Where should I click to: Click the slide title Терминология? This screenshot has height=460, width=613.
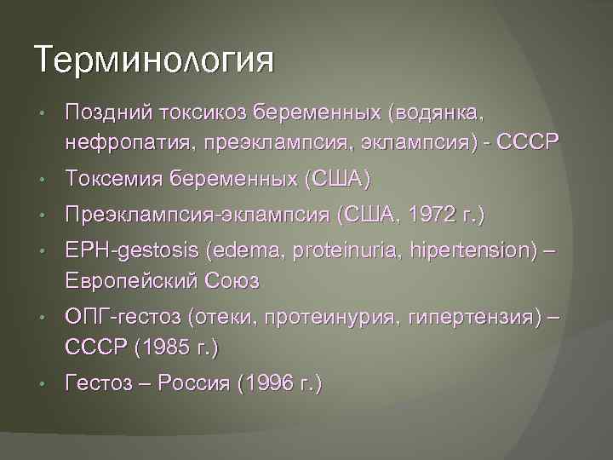(x=155, y=60)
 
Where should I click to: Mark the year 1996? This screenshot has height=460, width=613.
(x=267, y=384)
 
